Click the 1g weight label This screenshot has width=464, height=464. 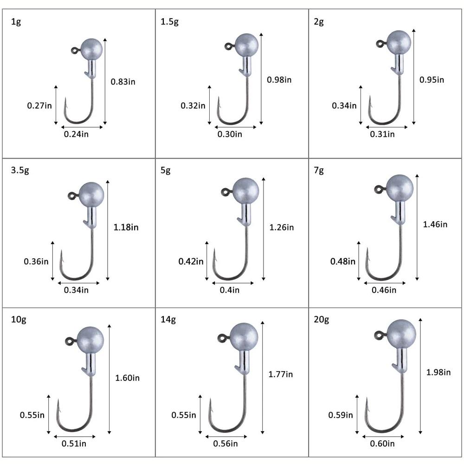tap(16, 22)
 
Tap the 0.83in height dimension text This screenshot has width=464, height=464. tap(123, 82)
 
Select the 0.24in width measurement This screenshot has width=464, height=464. tap(76, 134)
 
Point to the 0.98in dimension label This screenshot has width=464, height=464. tap(279, 79)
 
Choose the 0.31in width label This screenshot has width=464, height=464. tap(382, 134)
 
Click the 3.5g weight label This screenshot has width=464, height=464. tap(20, 170)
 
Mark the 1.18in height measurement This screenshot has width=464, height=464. tap(126, 227)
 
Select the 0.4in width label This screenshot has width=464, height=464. tap(230, 290)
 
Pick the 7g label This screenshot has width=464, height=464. tap(319, 170)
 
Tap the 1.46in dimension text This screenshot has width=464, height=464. tap(435, 225)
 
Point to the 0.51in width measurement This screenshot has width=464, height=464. tap(74, 444)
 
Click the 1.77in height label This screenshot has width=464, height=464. tap(281, 374)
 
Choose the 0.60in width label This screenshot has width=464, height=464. tap(382, 444)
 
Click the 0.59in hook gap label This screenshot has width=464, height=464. tap(341, 414)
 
